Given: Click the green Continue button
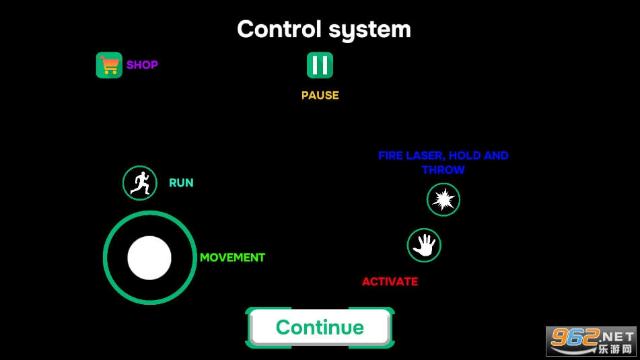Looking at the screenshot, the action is click(320, 327).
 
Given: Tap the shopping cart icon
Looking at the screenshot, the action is click(109, 65).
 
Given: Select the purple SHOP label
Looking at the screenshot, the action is click(142, 65).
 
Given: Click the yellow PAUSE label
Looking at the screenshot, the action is click(320, 95).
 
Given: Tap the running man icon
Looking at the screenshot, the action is click(139, 183).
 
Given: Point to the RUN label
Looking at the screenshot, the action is click(181, 183).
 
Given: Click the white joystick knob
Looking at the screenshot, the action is click(149, 258).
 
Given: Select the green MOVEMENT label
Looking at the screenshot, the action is click(232, 258).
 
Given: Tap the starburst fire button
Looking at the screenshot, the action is click(443, 200).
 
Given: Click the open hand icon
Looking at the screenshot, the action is click(424, 246).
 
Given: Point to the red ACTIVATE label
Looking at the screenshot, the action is click(390, 282).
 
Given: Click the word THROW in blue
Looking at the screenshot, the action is click(443, 170).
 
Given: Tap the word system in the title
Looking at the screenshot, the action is click(369, 30).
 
